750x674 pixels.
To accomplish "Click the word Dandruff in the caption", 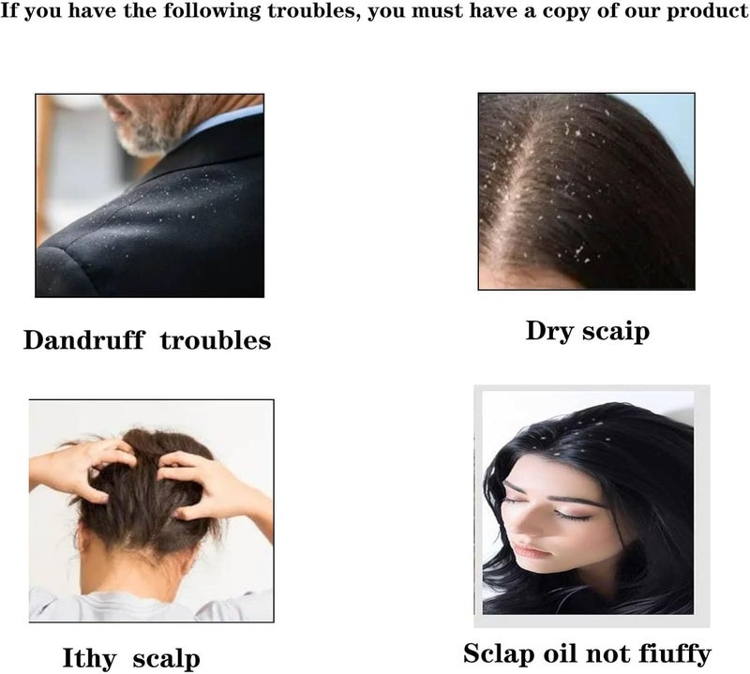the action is [83, 340].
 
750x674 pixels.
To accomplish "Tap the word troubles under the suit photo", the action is [216, 340].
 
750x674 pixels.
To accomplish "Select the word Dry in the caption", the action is [549, 331].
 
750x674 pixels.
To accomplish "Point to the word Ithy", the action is [89, 659].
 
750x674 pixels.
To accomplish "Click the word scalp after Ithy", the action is [166, 659].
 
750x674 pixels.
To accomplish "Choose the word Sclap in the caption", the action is [498, 653].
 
